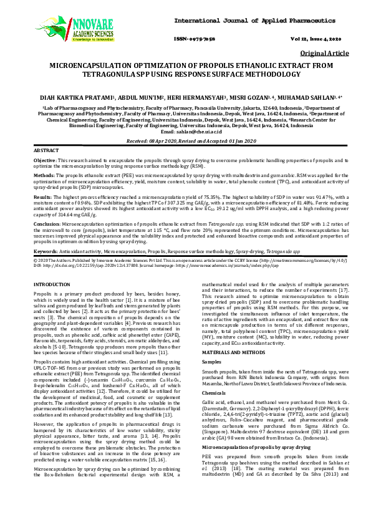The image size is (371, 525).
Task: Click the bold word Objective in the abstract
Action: [x=45, y=161]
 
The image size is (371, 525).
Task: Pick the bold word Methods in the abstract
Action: [x=44, y=175]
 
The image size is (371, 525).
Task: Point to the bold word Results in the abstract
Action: [x=42, y=196]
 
